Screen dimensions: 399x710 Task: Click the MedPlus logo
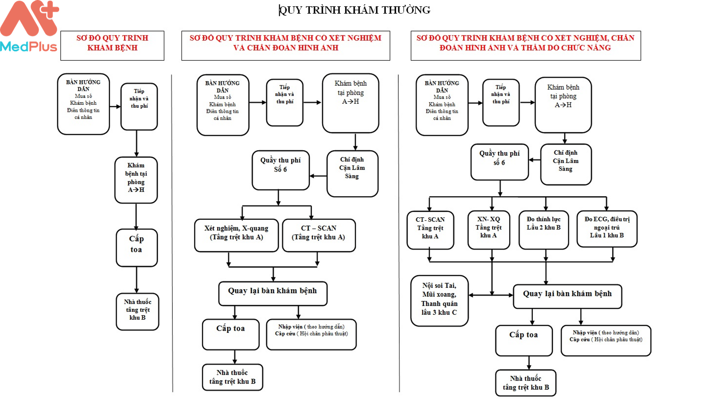[29, 27]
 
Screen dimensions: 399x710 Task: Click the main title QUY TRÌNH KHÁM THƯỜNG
[354, 10]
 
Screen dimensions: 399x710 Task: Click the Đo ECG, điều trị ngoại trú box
[607, 229]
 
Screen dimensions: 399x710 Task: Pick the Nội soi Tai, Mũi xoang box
[439, 300]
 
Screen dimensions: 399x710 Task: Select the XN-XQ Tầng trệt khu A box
[488, 229]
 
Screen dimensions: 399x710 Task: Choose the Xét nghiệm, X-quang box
[236, 235]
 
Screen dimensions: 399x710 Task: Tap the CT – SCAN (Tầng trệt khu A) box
[318, 235]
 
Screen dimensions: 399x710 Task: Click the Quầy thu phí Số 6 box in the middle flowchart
[280, 170]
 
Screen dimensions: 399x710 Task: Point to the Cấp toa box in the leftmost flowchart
[136, 248]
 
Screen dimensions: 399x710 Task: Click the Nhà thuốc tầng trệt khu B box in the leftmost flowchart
[137, 311]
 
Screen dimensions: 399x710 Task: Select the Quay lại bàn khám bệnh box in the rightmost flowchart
[567, 296]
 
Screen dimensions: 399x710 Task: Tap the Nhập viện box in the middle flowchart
[311, 334]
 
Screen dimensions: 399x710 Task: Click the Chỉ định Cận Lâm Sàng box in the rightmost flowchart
[565, 164]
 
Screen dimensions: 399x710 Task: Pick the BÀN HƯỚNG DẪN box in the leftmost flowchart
[83, 104]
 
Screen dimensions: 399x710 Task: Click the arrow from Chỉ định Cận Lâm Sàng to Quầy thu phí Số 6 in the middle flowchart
[318, 176]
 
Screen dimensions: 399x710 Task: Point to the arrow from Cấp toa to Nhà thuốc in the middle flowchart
[234, 357]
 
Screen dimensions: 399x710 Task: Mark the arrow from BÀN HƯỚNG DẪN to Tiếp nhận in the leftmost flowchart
[115, 106]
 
